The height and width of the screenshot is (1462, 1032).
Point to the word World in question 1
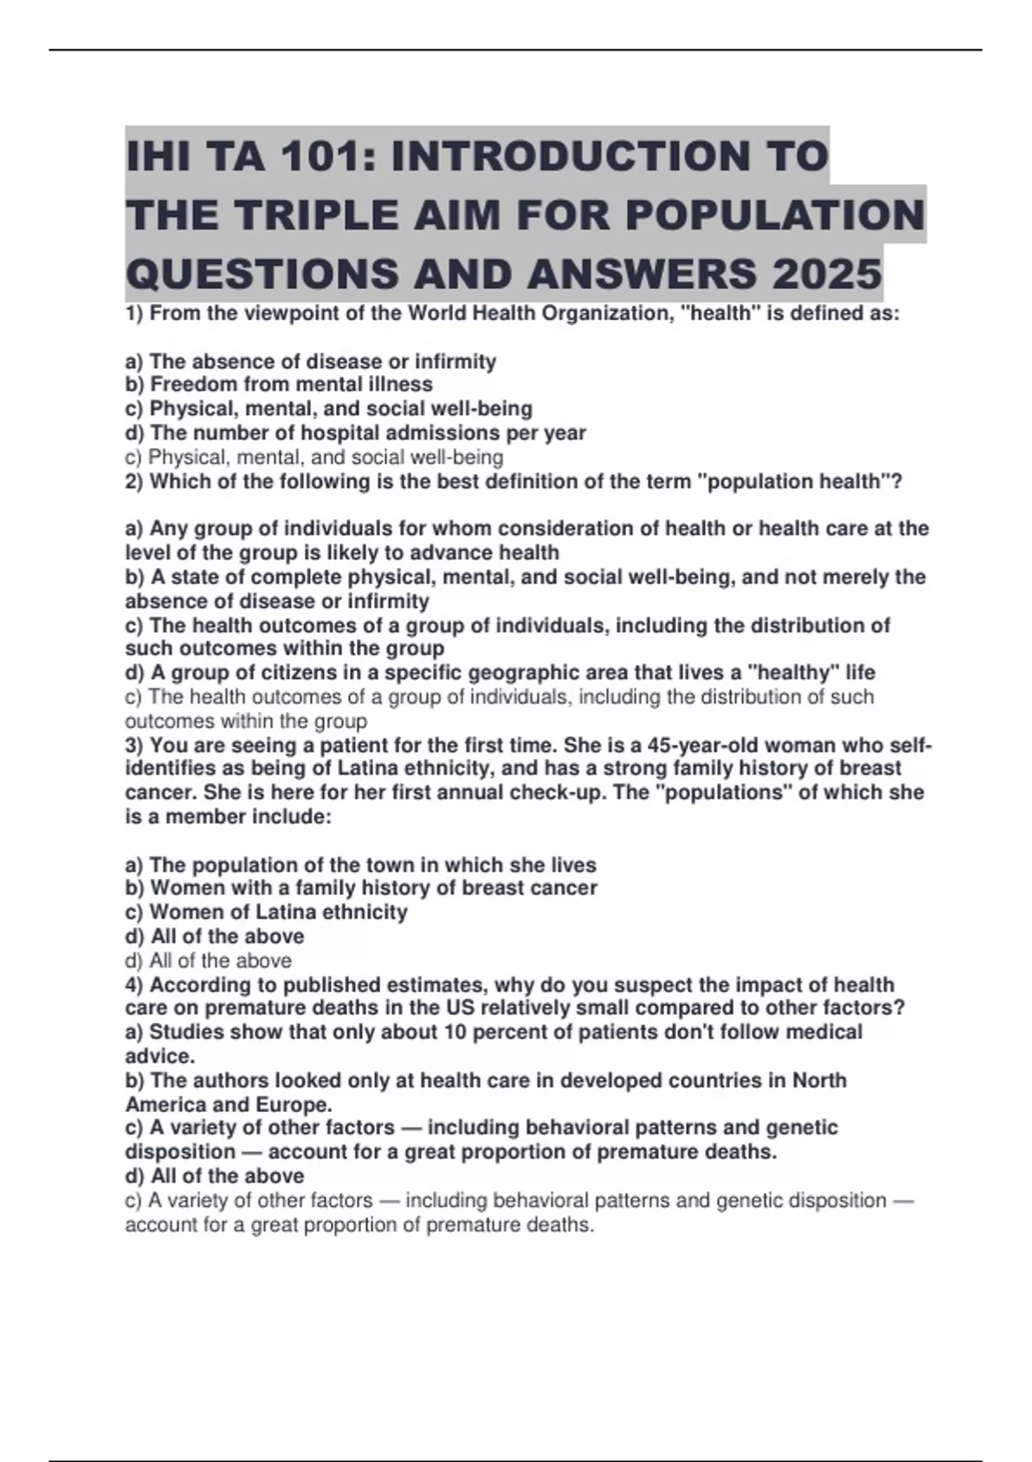click(x=435, y=313)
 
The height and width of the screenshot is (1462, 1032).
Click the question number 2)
click(x=135, y=482)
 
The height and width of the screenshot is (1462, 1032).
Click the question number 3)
click(x=135, y=745)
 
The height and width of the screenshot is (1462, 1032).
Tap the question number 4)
click(x=135, y=985)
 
